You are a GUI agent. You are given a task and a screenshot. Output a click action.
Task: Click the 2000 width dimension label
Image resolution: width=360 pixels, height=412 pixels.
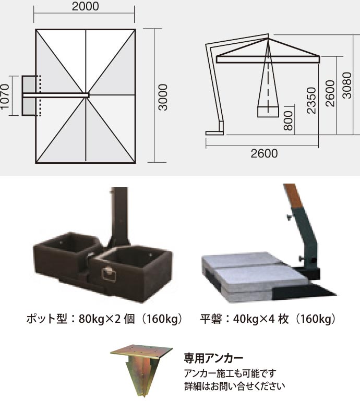coord(86,6)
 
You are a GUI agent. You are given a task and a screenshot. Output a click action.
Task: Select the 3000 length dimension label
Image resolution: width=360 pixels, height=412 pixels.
coord(163,97)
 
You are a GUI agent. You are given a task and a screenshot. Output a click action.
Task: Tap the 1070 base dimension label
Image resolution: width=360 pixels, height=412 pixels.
coord(5,96)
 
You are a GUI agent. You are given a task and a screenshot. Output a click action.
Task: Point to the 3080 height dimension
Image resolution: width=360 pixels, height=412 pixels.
coord(347,86)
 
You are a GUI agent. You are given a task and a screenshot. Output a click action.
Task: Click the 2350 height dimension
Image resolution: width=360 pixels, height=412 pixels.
coord(311,100)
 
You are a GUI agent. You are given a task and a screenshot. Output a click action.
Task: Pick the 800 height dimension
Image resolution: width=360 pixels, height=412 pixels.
coord(289,120)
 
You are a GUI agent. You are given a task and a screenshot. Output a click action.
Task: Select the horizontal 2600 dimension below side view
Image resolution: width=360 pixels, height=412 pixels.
coord(264,153)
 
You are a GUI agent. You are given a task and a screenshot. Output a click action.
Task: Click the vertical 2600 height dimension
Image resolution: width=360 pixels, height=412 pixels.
coord(330,93)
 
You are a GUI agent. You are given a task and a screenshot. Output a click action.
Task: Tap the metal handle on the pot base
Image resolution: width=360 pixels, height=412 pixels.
coord(109,274)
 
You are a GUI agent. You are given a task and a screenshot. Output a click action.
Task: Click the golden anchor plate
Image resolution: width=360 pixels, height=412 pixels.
coord(141,350)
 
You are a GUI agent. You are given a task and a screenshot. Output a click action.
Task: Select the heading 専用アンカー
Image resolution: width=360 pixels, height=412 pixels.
coord(213,358)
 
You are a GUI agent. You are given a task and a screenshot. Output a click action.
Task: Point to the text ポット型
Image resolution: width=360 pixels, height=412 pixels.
coord(47,319)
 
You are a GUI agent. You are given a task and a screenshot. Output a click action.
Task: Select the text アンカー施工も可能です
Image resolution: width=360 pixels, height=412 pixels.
coord(230,373)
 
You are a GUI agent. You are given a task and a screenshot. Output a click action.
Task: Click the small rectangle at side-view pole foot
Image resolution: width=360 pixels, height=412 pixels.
coord(214,133)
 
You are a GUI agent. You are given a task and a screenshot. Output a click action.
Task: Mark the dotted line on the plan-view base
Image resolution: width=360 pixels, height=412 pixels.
coord(40,95)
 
